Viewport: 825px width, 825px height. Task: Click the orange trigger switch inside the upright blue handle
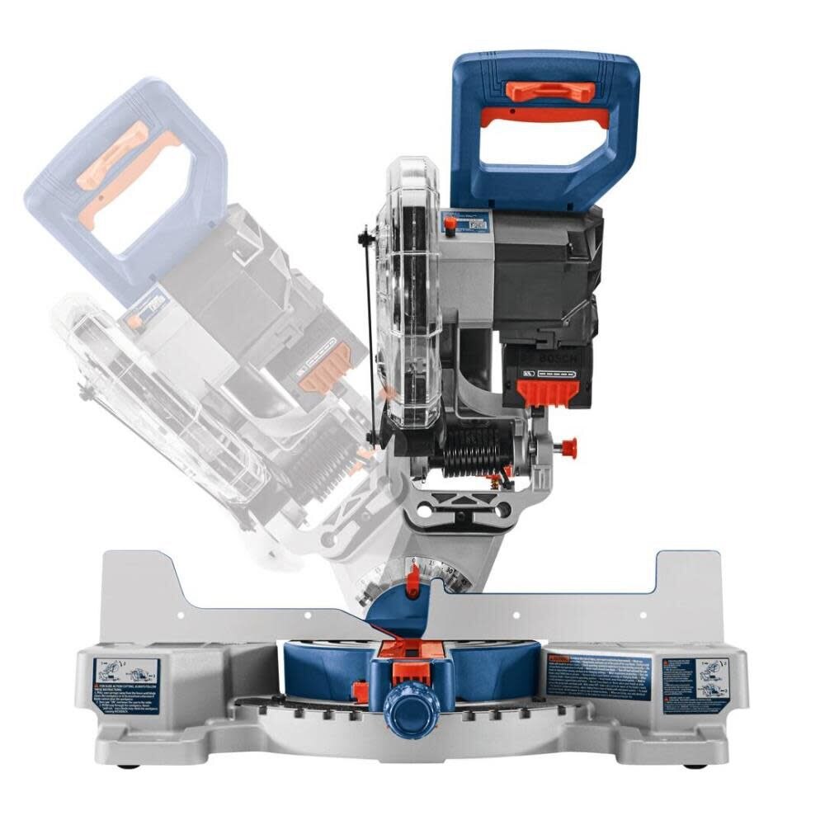click(544, 117)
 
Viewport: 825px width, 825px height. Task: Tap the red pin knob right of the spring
click(568, 447)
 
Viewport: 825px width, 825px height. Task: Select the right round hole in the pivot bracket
click(499, 512)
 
